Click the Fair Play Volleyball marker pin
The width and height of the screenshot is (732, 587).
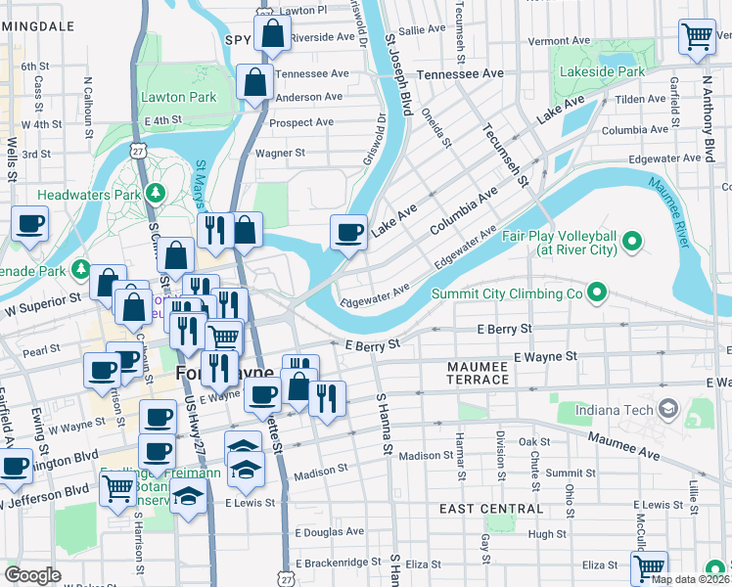631,240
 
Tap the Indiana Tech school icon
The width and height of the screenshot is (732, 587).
669,407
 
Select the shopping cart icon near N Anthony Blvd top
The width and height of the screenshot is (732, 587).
697,37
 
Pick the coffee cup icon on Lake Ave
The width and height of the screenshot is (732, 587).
348,233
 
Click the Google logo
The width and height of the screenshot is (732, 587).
32,574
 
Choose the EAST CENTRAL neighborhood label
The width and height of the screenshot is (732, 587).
490,509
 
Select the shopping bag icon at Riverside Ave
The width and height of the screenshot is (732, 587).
272,33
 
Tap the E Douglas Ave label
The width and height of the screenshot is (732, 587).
329,532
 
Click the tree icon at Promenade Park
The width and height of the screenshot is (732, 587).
83,269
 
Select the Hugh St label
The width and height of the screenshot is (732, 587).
539,534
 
